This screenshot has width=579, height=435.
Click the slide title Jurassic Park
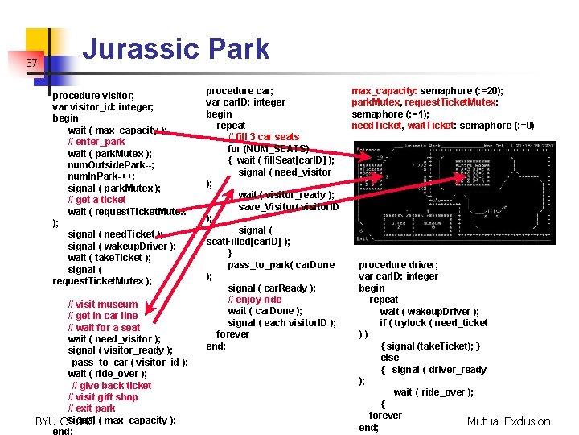[176, 48]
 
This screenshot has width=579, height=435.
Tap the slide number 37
[32, 63]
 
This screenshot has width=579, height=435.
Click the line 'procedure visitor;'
[93, 95]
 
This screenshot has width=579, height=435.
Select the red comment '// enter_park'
[96, 142]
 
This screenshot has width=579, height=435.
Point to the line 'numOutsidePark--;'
[111, 165]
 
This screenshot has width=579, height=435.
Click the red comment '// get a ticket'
[96, 200]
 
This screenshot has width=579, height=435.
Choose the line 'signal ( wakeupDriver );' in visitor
[122, 246]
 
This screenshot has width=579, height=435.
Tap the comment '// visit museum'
[103, 304]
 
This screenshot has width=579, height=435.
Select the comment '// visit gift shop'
[103, 397]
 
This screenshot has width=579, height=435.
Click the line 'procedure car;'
[240, 91]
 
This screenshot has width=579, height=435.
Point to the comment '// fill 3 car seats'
[264, 137]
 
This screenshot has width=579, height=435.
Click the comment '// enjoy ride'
[255, 300]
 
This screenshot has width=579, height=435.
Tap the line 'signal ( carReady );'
[272, 288]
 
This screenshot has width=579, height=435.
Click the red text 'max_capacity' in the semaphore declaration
[381, 91]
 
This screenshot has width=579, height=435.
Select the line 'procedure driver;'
[398, 265]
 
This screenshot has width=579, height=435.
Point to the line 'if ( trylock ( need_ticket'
[433, 323]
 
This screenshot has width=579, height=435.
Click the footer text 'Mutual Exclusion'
[508, 421]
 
